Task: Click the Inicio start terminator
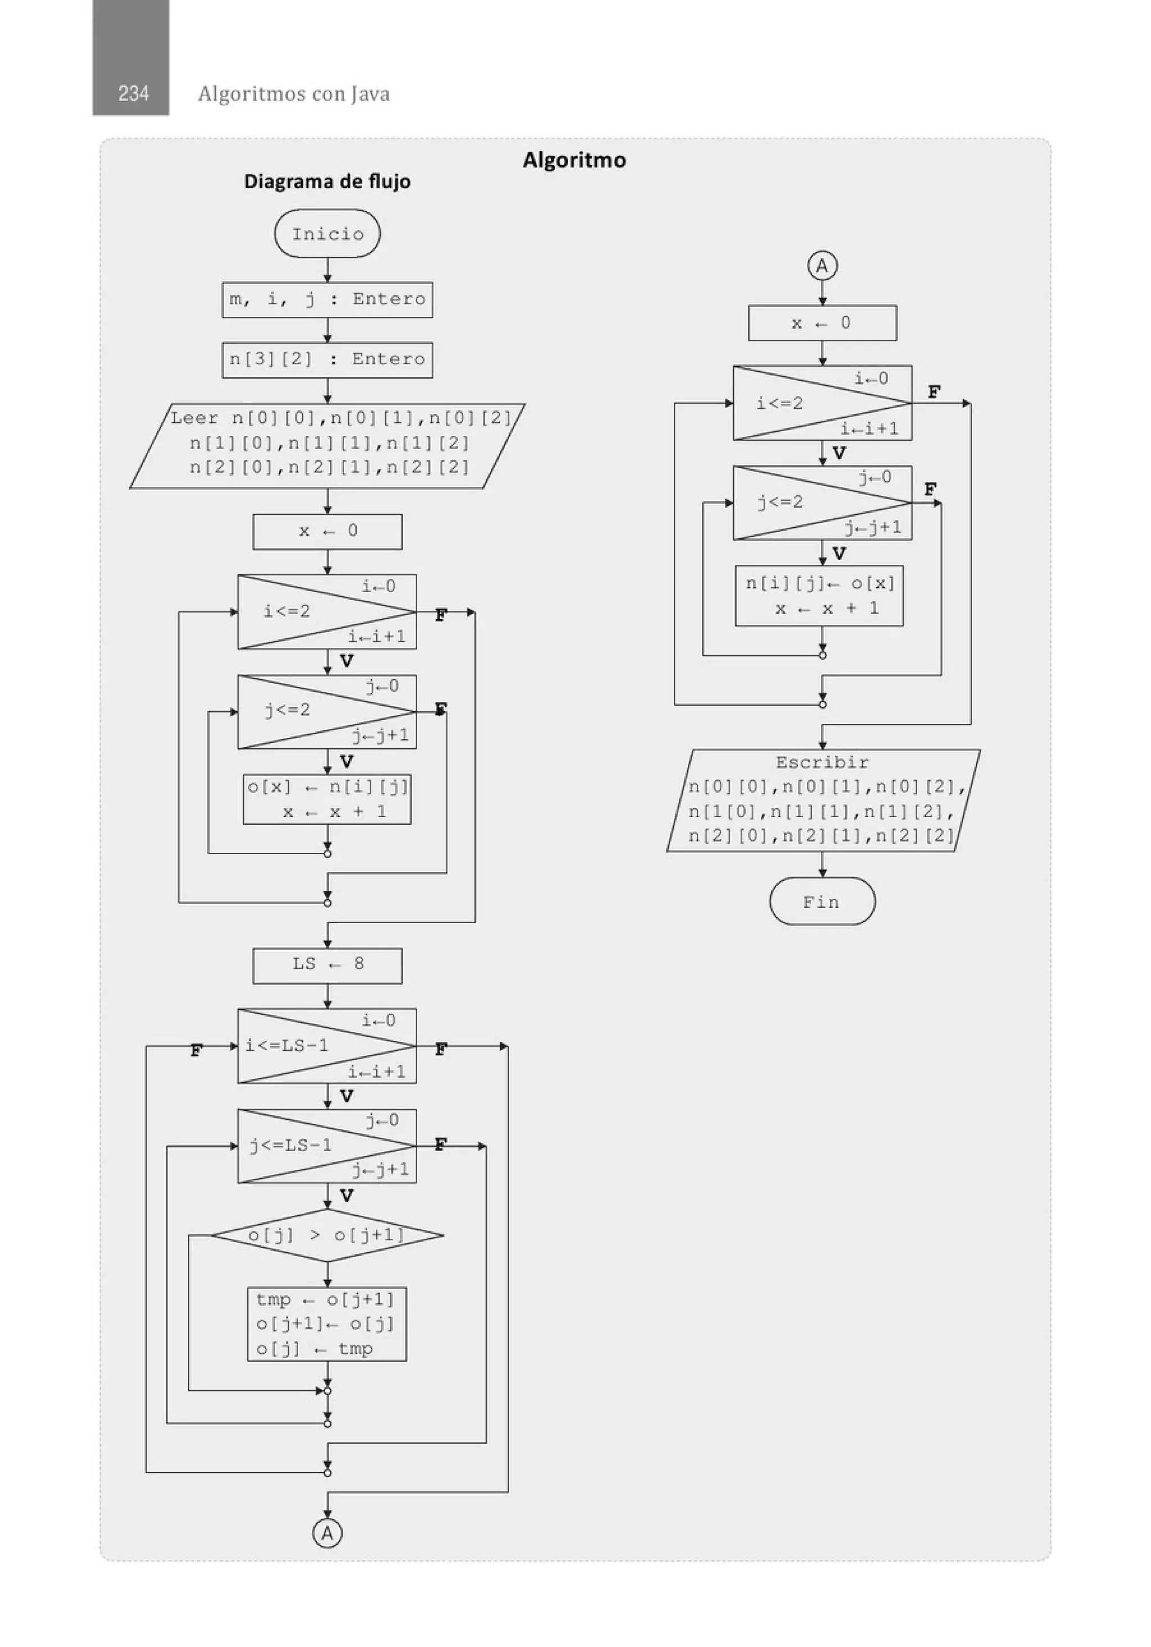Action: click(327, 234)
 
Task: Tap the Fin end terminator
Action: click(822, 902)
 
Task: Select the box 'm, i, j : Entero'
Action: click(327, 299)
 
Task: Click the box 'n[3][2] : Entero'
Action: click(327, 360)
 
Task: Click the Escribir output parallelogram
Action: click(822, 800)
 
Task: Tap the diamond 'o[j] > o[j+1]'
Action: click(327, 1235)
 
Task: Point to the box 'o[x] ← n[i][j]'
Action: click(327, 799)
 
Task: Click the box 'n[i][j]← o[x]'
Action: click(819, 596)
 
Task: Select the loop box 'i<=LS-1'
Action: click(327, 1046)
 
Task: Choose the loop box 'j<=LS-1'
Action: click(327, 1146)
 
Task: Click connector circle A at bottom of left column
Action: click(327, 1533)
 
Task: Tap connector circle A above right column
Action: click(822, 266)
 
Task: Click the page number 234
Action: click(133, 93)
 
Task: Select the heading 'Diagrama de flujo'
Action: click(327, 182)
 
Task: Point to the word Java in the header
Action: click(370, 94)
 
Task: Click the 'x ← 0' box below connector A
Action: click(822, 323)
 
